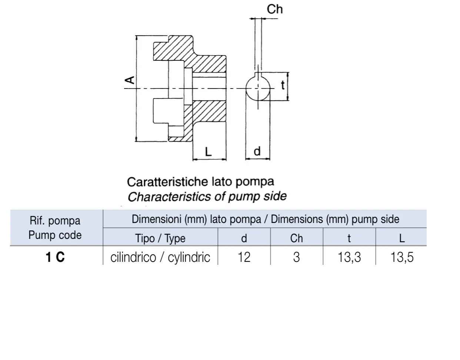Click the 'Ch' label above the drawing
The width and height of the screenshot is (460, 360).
[274, 9]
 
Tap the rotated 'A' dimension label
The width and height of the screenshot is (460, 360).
[130, 80]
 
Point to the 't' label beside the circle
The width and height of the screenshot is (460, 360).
[283, 85]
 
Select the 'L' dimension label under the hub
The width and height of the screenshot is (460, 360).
[208, 151]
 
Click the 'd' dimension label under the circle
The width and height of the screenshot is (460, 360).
[257, 151]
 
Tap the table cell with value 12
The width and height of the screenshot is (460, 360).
[244, 257]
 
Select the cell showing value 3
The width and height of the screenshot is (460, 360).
[296, 257]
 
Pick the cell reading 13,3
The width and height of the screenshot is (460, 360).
[349, 257]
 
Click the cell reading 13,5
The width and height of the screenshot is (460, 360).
[402, 257]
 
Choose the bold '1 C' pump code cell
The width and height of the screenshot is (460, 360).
[55, 257]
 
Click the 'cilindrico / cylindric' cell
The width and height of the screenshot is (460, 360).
[160, 257]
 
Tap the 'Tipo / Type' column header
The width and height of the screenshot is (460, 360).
[160, 239]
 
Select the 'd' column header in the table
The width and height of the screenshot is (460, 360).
[244, 238]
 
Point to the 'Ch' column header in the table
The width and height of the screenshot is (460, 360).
[296, 238]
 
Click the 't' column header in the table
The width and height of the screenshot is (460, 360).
[349, 239]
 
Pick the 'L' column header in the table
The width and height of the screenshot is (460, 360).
[402, 238]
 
